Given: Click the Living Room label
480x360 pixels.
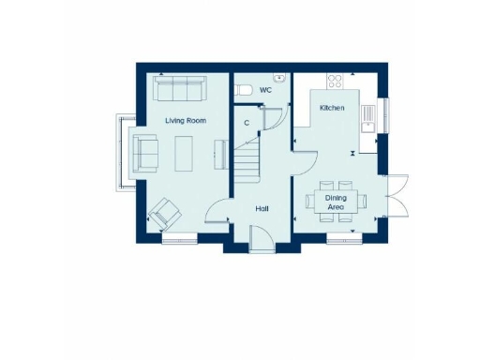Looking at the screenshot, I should click(185, 121).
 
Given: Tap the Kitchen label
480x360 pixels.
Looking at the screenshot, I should click(332, 109).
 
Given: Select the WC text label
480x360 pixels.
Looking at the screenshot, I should click(265, 90).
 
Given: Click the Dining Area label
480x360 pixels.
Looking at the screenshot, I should click(336, 202).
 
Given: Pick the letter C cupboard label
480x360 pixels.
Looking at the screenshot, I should click(247, 122).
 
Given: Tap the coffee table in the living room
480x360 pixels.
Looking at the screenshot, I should click(185, 151).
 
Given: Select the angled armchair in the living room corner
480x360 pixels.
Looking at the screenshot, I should click(165, 214).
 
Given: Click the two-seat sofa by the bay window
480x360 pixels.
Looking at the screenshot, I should click(146, 151).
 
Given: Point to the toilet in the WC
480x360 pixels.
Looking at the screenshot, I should click(243, 90).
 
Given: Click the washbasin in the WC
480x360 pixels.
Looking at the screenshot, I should click(279, 78).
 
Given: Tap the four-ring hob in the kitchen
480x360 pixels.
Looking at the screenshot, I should click(335, 81).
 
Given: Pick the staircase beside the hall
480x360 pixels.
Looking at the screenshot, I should click(246, 159).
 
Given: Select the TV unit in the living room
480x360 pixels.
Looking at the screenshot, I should click(221, 152).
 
